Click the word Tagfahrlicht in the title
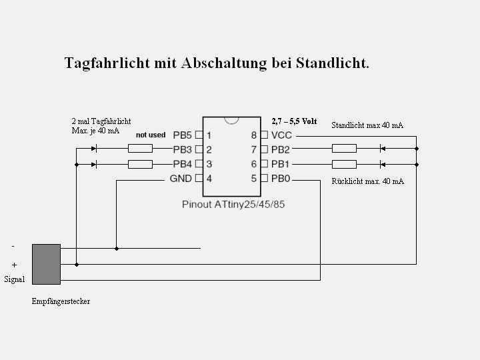(107, 63)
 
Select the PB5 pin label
(182, 135)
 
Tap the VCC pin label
(281, 135)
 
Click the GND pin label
(181, 179)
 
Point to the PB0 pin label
(281, 179)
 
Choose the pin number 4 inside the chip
(209, 179)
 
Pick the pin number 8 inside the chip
(254, 135)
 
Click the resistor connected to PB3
(140, 149)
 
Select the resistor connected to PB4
(140, 165)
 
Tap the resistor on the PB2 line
(345, 149)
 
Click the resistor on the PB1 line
(345, 165)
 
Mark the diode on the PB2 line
(383, 149)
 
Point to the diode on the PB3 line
(94, 149)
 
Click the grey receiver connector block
(46, 264)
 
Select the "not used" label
(151, 135)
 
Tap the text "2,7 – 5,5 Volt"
(294, 121)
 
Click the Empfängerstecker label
(61, 301)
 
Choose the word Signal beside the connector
(15, 279)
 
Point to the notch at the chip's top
(231, 121)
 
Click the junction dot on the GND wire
(117, 249)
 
